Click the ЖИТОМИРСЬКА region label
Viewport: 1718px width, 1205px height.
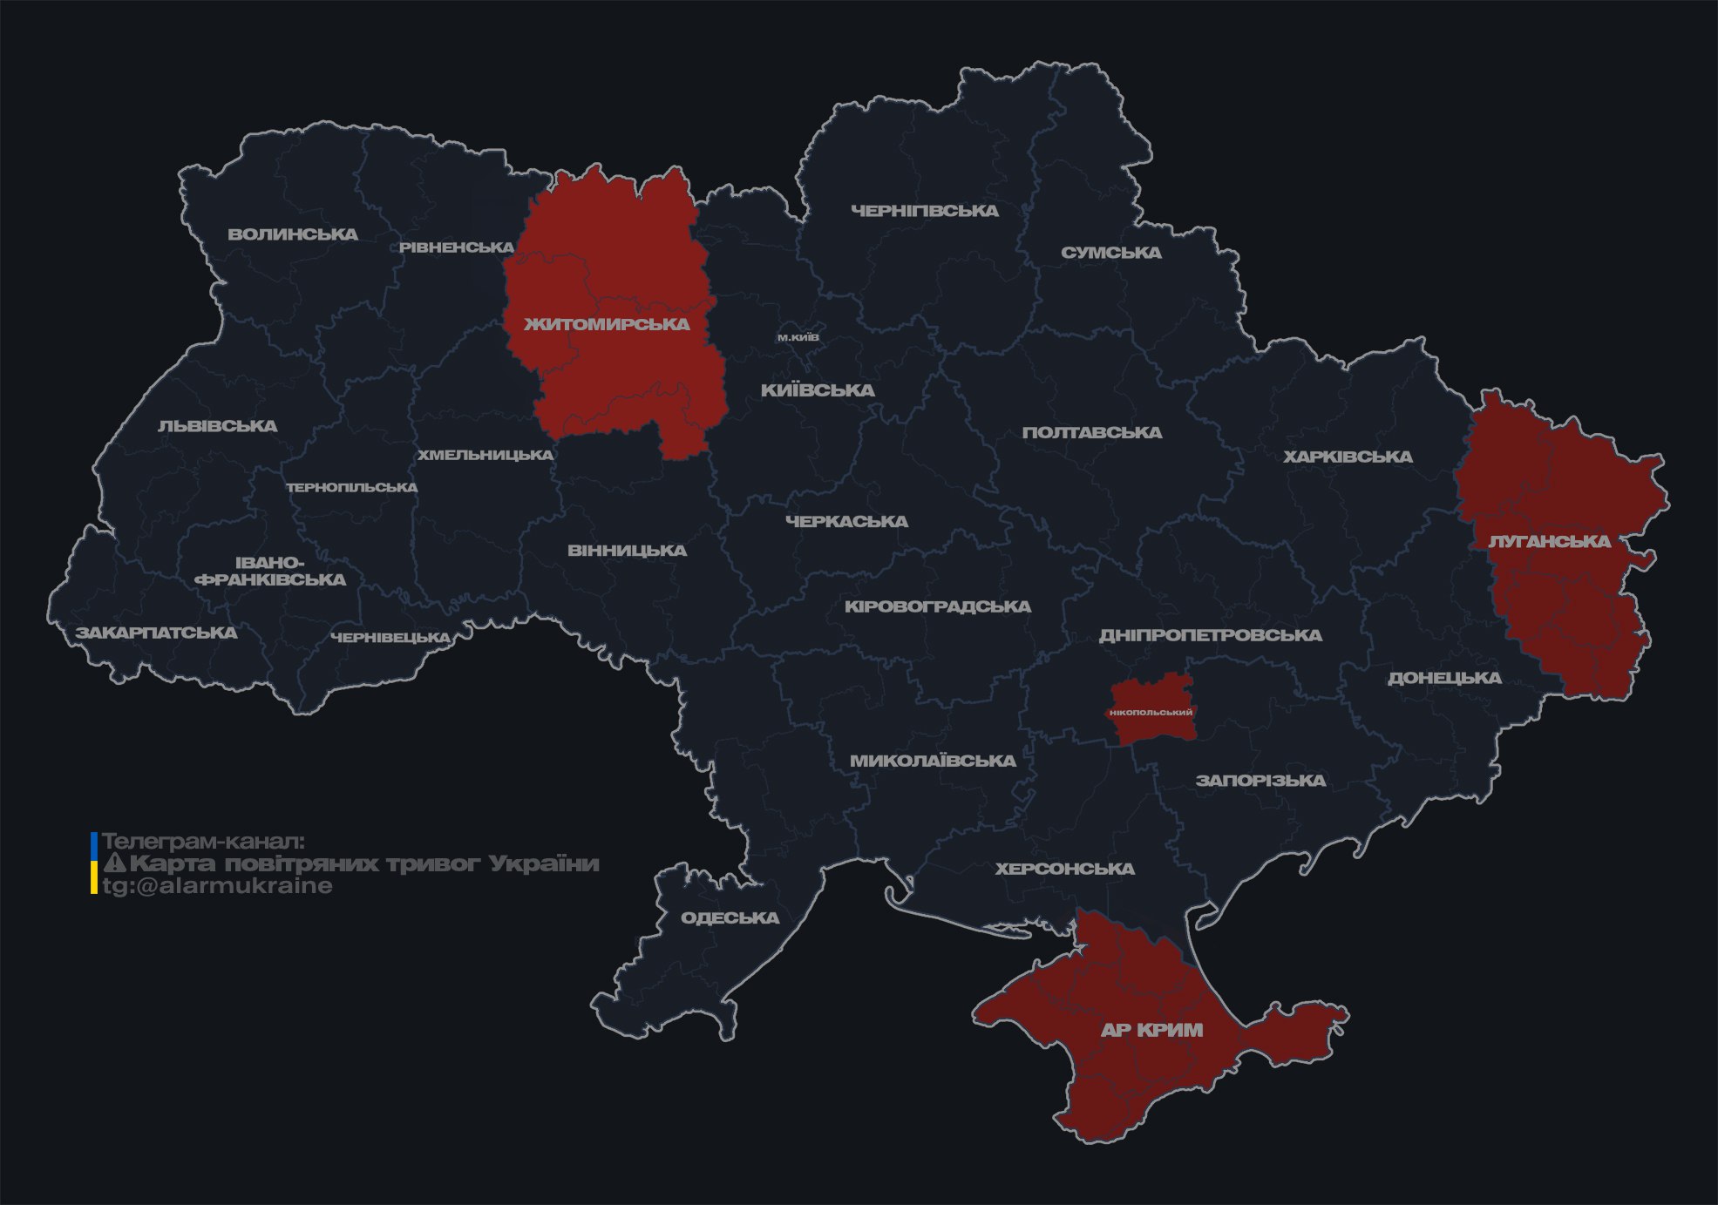click(x=607, y=324)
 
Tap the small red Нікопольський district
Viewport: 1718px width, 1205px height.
click(x=1151, y=711)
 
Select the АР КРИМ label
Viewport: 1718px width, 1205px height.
click(x=1151, y=1030)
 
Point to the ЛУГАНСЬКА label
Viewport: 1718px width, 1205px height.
click(x=1549, y=541)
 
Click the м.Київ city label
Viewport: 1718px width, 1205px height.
click(x=798, y=337)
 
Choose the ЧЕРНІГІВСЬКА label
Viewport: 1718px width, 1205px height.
click(x=924, y=211)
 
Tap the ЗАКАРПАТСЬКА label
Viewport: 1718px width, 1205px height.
click(x=156, y=633)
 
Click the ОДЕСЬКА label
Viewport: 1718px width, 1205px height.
click(x=730, y=917)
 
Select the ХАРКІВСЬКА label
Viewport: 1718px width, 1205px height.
click(x=1348, y=457)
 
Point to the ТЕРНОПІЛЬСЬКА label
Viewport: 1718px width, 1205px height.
click(x=352, y=487)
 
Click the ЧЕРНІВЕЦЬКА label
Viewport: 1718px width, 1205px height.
click(x=390, y=638)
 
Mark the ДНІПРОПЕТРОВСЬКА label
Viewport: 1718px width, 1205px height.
click(x=1210, y=635)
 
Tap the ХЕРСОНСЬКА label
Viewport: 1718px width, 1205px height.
click(x=1064, y=869)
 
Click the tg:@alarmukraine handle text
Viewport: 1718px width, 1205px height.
click(x=217, y=886)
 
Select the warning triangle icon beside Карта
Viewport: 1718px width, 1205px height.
click(x=114, y=863)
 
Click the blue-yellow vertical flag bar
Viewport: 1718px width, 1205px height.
click(x=93, y=863)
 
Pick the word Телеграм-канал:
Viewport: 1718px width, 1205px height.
click(x=203, y=842)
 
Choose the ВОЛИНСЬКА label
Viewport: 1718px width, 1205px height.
click(x=293, y=234)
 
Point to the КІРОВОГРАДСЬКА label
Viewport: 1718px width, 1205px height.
click(x=937, y=606)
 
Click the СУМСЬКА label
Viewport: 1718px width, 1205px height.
click(x=1110, y=253)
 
